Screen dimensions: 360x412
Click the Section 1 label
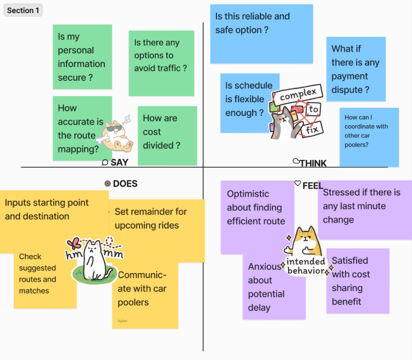(23, 10)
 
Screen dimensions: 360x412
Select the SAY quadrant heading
(119, 163)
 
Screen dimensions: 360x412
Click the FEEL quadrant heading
(312, 186)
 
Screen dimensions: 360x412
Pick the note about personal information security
(82, 57)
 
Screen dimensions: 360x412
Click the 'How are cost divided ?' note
(167, 135)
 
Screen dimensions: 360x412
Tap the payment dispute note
(355, 69)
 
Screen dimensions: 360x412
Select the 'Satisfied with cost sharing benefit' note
(358, 281)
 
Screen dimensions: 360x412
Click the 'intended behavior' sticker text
(305, 266)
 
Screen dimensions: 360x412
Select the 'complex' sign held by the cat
(298, 95)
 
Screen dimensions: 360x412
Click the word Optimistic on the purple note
(248, 193)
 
